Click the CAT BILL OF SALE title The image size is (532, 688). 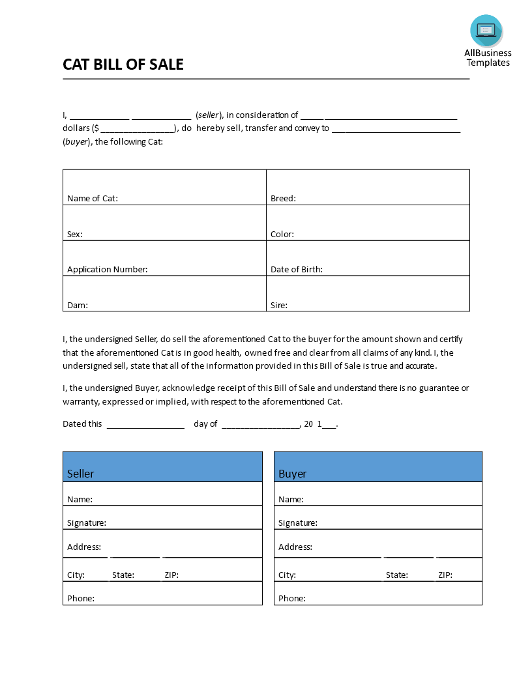pyautogui.click(x=123, y=64)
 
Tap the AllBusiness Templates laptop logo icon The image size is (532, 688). pyautogui.click(x=486, y=31)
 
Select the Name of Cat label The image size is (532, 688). pyautogui.click(x=93, y=198)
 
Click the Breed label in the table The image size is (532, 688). pyautogui.click(x=283, y=198)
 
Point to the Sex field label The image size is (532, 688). pyautogui.click(x=75, y=234)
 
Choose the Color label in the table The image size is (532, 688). pyautogui.click(x=282, y=234)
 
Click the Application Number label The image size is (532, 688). pyautogui.click(x=108, y=269)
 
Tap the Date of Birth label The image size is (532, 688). pyautogui.click(x=297, y=269)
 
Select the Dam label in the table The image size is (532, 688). pyautogui.click(x=78, y=305)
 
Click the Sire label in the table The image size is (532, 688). pyautogui.click(x=279, y=305)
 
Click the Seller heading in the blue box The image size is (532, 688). pyautogui.click(x=81, y=474)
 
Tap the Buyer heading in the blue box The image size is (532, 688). pyautogui.click(x=293, y=474)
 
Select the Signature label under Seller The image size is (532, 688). pyautogui.click(x=87, y=523)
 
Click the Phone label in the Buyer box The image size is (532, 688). pyautogui.click(x=292, y=598)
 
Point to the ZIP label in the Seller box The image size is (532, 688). pyautogui.click(x=171, y=575)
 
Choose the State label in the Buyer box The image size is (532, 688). pyautogui.click(x=397, y=575)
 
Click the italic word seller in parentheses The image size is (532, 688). pyautogui.click(x=209, y=115)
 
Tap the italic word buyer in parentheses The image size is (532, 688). pyautogui.click(x=76, y=141)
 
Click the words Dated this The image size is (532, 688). pyautogui.click(x=82, y=423)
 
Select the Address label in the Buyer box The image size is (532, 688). pyautogui.click(x=295, y=547)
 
